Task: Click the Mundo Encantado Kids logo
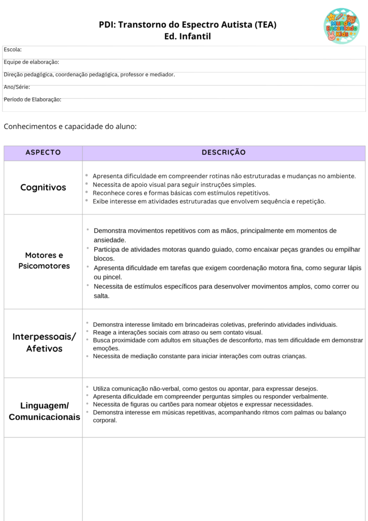[341, 26]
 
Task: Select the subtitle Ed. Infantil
[188, 37]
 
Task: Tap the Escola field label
[13, 49]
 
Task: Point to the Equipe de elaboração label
[32, 62]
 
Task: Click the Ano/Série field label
[17, 87]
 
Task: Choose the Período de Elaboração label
[33, 100]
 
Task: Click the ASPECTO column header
[43, 153]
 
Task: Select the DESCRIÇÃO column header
[224, 153]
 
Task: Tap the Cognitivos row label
[43, 187]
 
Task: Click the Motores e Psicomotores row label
[44, 260]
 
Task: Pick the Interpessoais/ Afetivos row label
[44, 343]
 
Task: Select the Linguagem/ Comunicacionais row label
[44, 411]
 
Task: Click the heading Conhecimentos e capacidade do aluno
[70, 126]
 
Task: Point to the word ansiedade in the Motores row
[110, 240]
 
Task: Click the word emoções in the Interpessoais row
[106, 349]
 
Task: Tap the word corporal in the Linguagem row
[105, 420]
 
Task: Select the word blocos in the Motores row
[104, 258]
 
